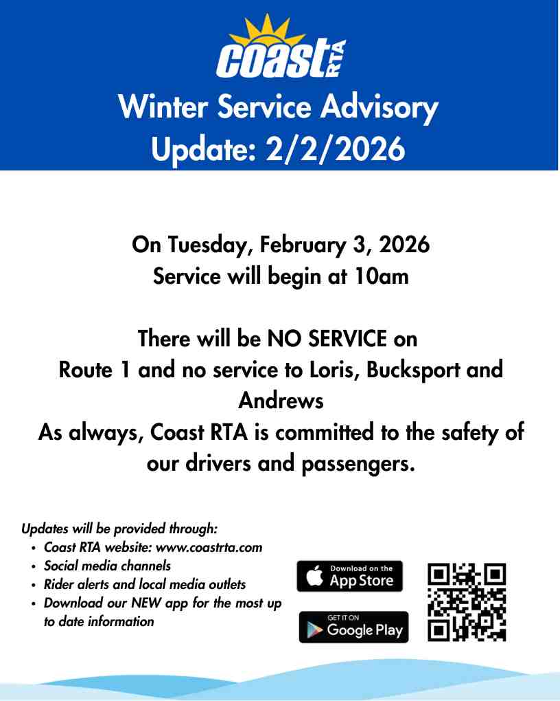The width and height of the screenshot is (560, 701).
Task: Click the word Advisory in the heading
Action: (379, 108)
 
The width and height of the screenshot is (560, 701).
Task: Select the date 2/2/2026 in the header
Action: (336, 149)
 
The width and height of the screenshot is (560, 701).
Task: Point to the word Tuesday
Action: (208, 245)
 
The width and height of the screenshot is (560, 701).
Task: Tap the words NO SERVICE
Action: (327, 338)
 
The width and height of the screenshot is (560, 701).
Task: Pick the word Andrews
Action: (281, 401)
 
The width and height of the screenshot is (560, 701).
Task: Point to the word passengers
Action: (359, 465)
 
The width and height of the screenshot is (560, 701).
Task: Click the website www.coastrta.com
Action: (209, 548)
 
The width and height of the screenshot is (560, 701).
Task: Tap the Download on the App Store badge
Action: (350, 577)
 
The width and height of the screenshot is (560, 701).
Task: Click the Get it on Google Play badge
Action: (353, 627)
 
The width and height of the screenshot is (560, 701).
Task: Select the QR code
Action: (467, 602)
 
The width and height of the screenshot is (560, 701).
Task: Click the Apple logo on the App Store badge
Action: (315, 575)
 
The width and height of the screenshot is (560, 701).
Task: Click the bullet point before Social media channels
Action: (34, 567)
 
